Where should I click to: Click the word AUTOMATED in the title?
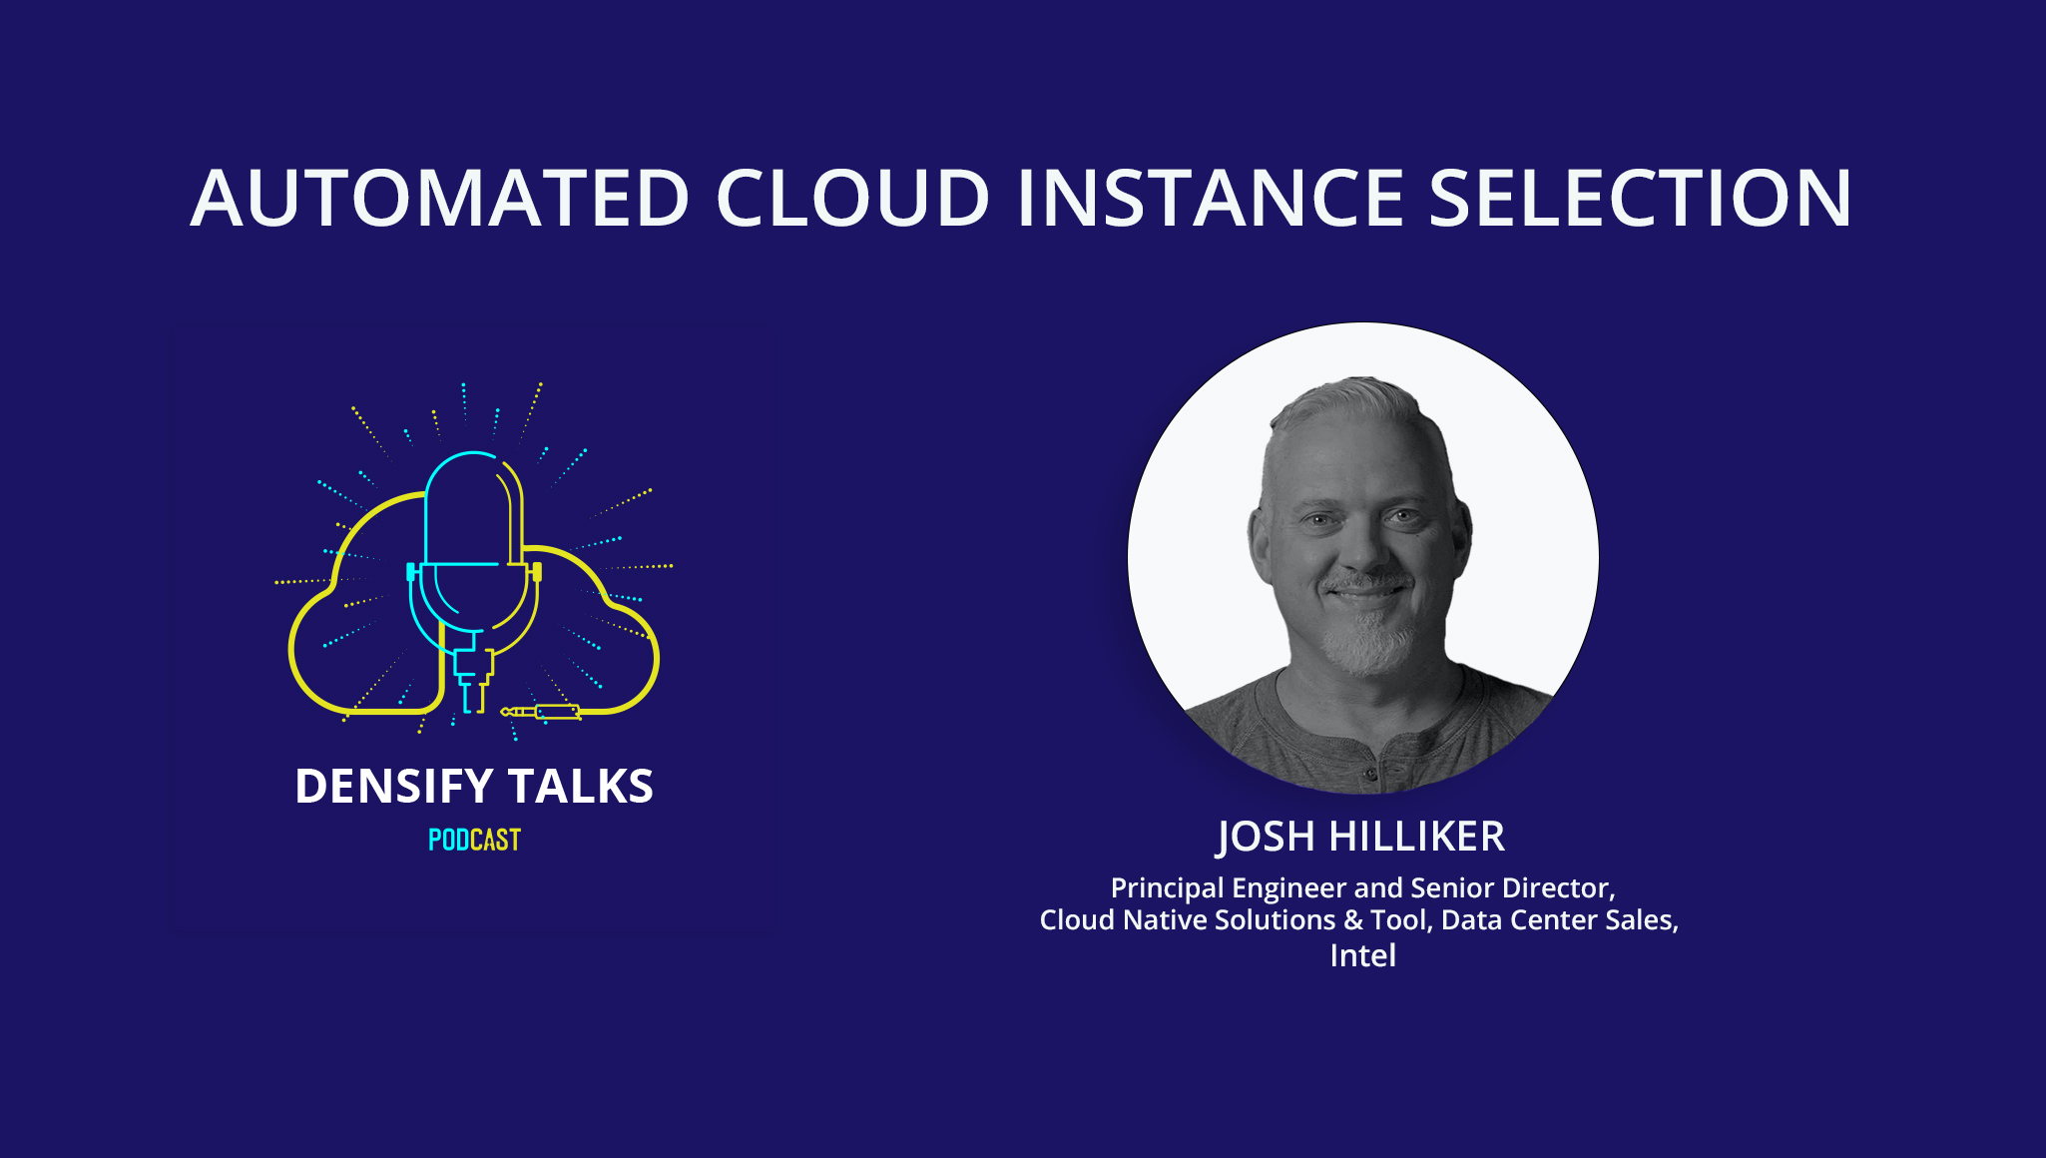pos(439,198)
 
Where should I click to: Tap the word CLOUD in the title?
pos(853,198)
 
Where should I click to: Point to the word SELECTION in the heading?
pos(1641,198)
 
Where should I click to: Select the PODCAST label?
pos(474,841)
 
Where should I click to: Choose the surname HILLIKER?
pos(1417,837)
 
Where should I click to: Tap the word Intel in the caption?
pos(1362,955)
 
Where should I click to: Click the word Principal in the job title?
pos(1167,887)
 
